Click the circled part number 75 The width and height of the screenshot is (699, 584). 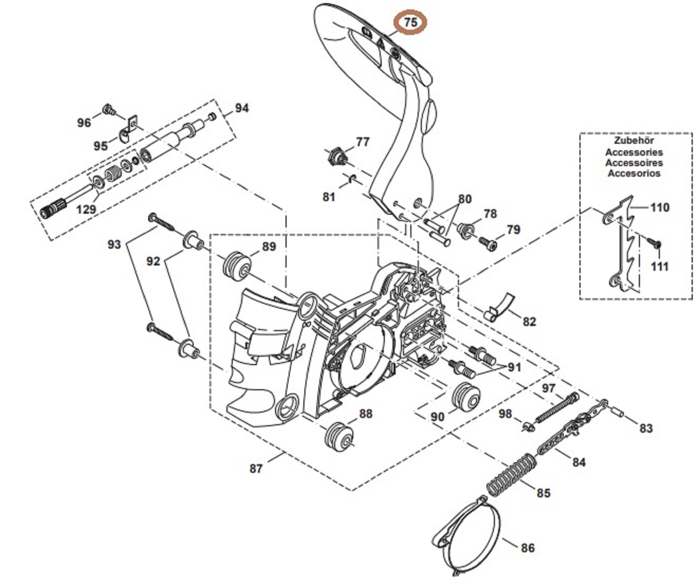click(x=410, y=22)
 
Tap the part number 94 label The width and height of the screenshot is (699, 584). click(x=242, y=108)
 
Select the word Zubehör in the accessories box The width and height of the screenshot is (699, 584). click(x=634, y=141)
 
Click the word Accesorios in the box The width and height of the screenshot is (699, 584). click(x=634, y=173)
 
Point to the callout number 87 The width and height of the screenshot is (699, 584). click(x=256, y=469)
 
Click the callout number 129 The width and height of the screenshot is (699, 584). click(x=86, y=209)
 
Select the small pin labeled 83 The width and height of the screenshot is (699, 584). click(x=619, y=412)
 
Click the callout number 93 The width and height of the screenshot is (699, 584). click(x=114, y=244)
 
